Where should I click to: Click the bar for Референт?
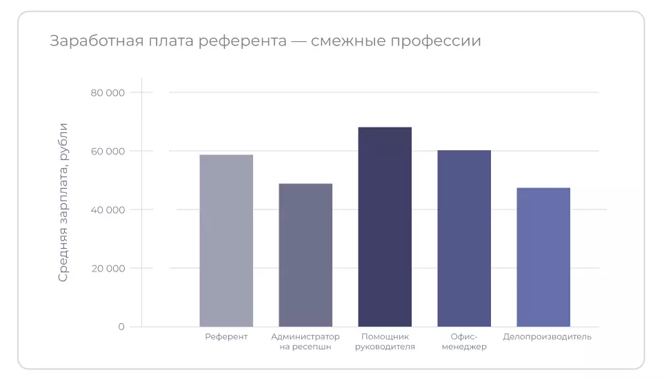226,240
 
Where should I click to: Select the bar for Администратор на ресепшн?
305,255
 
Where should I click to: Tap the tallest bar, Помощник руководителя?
385,227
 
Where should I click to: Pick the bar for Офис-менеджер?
464,238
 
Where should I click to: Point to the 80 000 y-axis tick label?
108,93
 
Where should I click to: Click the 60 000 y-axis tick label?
108,152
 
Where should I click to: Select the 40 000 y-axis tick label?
108,210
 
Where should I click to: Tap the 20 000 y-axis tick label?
108,269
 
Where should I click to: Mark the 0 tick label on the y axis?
121,327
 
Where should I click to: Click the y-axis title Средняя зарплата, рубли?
63,202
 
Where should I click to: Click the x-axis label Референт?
226,337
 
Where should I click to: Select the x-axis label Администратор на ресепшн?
305,342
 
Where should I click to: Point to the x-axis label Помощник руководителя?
385,342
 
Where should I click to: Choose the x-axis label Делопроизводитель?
547,337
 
